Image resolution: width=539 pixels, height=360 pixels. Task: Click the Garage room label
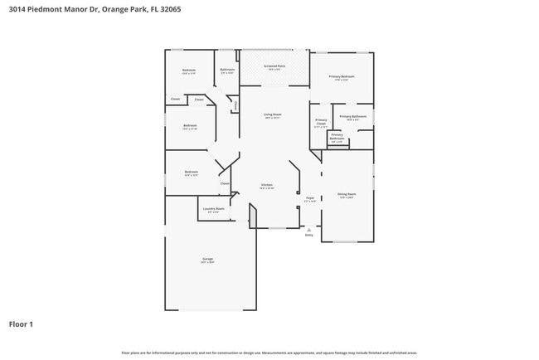[207, 260]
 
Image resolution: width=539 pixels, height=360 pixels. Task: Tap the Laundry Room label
[213, 209]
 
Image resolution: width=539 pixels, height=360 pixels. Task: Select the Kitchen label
[267, 185]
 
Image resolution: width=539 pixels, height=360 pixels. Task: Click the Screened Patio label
[274, 66]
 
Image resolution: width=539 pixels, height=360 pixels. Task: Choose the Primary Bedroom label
[342, 76]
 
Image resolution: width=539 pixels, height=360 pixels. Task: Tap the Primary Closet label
[321, 122]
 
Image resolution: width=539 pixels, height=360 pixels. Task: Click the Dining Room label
[346, 194]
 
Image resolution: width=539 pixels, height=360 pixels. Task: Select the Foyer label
[309, 198]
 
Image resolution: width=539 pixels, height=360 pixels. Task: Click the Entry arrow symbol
[309, 229]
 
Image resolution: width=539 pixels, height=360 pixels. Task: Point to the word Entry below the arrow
[309, 236]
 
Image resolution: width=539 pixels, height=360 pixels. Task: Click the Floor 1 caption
[21, 324]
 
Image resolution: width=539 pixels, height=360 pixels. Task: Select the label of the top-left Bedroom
[189, 71]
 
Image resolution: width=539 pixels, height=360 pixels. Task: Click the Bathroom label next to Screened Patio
[227, 70]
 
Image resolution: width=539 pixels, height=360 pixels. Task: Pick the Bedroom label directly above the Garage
[191, 173]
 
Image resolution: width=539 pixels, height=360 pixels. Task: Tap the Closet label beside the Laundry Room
[224, 183]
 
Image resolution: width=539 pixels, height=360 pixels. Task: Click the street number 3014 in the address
[17, 9]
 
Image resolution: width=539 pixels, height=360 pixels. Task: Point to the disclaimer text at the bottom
[269, 353]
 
